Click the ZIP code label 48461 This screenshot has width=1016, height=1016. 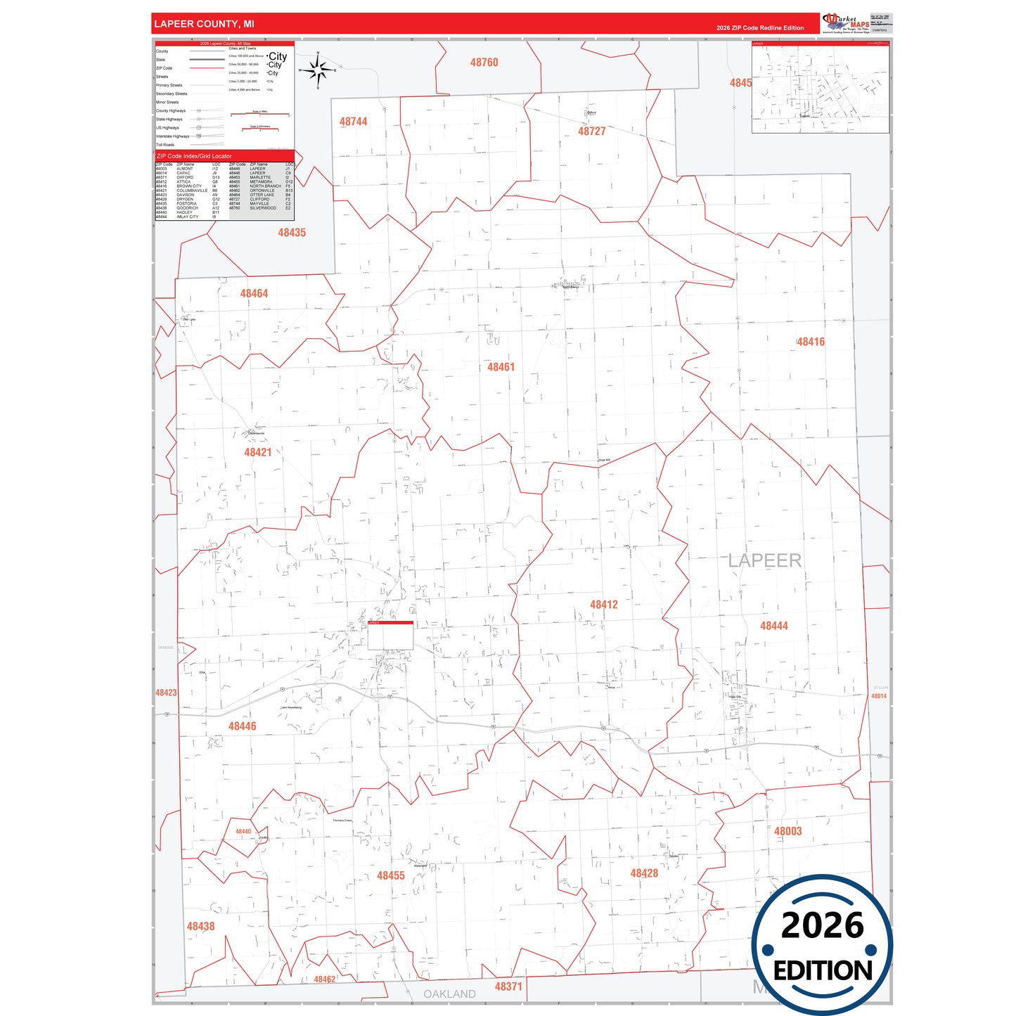[x=501, y=367]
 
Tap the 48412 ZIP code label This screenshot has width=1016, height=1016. [x=603, y=605]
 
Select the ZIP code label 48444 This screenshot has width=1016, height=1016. [x=773, y=626]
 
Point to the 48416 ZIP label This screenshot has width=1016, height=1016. [x=811, y=342]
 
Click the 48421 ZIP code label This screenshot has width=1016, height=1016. [x=257, y=452]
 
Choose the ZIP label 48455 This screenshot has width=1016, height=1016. [x=390, y=875]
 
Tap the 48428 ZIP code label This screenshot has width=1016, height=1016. [x=643, y=873]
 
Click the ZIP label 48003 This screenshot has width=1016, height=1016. [x=787, y=831]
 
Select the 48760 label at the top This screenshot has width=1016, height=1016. [x=484, y=63]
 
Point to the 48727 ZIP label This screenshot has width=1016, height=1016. [x=591, y=131]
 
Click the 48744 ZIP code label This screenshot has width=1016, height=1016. [x=353, y=122]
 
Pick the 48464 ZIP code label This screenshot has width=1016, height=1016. [x=254, y=293]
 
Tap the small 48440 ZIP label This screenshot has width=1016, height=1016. [x=243, y=831]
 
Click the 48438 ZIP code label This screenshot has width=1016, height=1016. [x=200, y=926]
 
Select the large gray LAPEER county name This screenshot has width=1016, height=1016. [x=764, y=560]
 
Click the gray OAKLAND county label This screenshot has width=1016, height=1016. [x=449, y=994]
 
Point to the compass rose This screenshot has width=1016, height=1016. [x=318, y=70]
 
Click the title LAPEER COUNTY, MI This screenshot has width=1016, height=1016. [x=204, y=24]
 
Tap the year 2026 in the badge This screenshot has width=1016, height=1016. [x=822, y=925]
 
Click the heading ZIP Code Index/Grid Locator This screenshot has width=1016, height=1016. [x=194, y=156]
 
